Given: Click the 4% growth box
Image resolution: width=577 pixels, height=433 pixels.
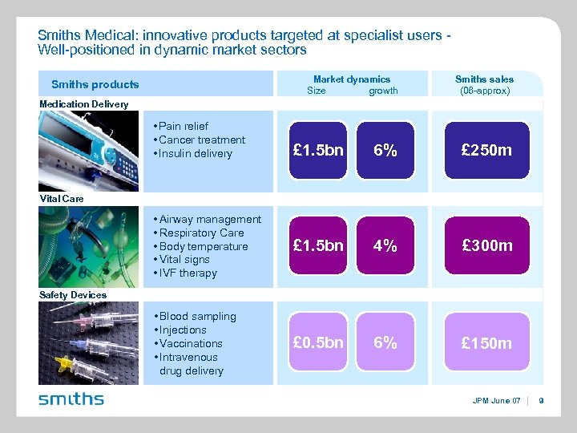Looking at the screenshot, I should (385, 246).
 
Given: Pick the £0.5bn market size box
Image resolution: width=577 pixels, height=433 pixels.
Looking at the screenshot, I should (318, 342).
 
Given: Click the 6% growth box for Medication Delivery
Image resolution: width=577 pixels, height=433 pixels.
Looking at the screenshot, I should (385, 151).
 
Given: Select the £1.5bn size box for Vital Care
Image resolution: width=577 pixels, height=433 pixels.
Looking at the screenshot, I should (318, 246).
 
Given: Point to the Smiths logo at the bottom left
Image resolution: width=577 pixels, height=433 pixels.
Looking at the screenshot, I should (71, 399).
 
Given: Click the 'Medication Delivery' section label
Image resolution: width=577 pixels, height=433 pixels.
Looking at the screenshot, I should (83, 104).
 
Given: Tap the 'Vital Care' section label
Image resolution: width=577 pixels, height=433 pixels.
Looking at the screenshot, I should (61, 198).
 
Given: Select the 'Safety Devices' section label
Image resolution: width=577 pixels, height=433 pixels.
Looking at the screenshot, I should (72, 295).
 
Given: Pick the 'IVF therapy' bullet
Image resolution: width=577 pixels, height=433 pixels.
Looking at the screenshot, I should (188, 273).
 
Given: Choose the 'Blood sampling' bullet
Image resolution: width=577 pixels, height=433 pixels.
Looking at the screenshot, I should (197, 317).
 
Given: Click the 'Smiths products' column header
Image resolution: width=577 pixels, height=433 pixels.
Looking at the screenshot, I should (95, 84).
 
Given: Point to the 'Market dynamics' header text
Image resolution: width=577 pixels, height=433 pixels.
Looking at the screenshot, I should (352, 79).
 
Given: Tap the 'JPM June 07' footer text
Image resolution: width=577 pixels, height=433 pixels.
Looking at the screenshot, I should (495, 400).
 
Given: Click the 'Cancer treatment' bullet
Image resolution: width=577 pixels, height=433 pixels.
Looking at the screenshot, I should (202, 140).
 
